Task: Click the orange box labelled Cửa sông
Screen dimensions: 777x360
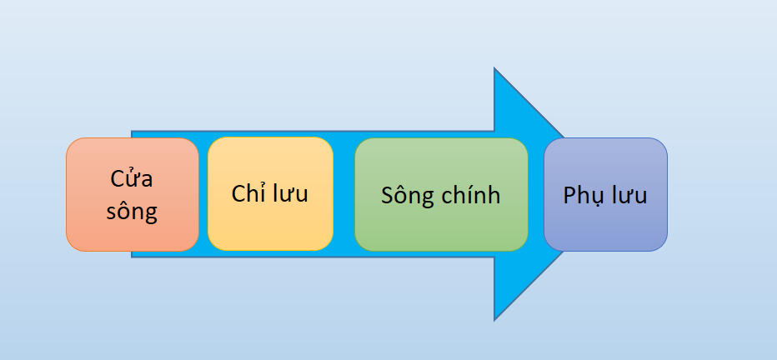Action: [x=133, y=195]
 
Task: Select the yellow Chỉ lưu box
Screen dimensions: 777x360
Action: [x=271, y=193]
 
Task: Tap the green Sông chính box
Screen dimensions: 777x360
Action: [x=442, y=195]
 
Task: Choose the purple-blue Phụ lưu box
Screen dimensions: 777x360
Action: [x=605, y=195]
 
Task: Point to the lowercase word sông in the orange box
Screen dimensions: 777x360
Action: [x=132, y=212]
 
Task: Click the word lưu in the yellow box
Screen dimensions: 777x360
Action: [x=288, y=193]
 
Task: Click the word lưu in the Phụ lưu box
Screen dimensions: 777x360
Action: [x=628, y=195]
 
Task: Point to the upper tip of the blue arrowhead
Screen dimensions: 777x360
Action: [x=494, y=67]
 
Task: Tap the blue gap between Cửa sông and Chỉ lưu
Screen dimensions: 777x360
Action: [x=203, y=194]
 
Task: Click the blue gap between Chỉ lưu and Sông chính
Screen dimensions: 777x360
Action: [x=344, y=194]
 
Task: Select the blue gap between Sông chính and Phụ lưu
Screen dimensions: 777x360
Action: [x=536, y=194]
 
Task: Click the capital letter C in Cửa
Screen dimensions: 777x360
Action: [x=117, y=179]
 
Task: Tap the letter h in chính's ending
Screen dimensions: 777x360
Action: [x=494, y=194]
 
